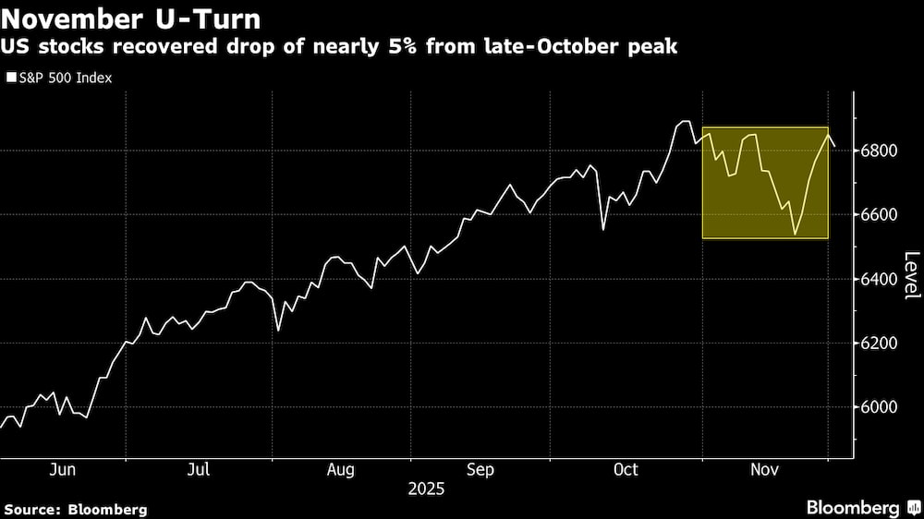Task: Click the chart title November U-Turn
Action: click(132, 18)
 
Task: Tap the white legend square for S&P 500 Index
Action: click(11, 78)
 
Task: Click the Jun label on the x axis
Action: click(62, 470)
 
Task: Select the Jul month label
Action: click(199, 470)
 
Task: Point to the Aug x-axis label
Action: click(341, 470)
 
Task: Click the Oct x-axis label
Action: click(626, 470)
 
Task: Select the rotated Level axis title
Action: click(911, 275)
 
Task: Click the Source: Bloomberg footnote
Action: click(76, 509)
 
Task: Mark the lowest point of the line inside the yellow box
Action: click(795, 235)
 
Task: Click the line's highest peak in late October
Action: click(685, 121)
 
